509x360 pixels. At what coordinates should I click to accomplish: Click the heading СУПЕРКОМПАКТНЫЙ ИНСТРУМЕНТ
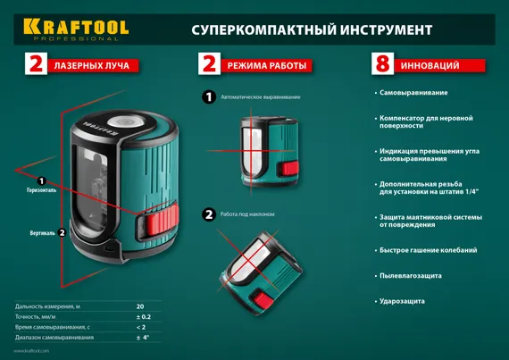point(312,29)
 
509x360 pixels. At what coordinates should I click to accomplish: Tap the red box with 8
point(383,64)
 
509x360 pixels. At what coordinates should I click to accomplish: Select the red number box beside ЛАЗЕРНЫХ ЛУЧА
point(36,64)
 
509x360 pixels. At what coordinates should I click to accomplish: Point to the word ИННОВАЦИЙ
point(431,65)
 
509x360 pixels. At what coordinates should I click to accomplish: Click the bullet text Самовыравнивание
point(413,93)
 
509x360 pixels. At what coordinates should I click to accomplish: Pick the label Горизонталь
point(41,190)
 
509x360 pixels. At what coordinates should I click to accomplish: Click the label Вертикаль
point(42,232)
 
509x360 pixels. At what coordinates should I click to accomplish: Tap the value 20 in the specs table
point(139,306)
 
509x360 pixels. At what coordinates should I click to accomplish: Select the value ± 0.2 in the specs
point(142,317)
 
